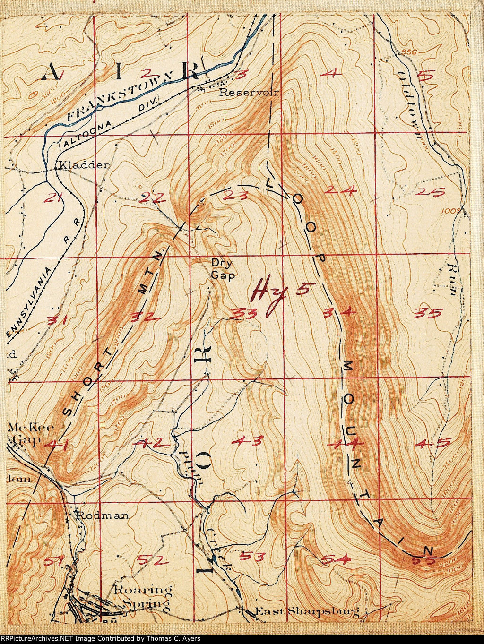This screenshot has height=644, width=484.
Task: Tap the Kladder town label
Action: point(83,165)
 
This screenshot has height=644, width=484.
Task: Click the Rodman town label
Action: point(102,515)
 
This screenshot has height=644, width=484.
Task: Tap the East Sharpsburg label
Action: point(307,612)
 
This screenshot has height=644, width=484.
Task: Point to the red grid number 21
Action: point(53,198)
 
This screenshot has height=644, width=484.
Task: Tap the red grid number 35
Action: point(427,312)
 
